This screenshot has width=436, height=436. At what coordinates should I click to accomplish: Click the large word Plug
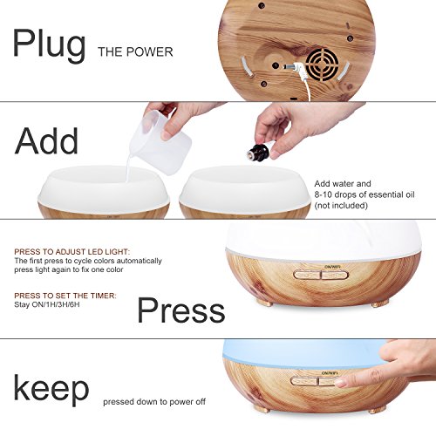(x=49, y=46)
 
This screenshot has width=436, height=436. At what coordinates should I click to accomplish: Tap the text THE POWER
(x=135, y=52)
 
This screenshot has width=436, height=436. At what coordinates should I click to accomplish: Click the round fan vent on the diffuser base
(x=322, y=65)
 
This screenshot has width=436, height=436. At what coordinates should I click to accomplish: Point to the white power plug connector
(x=294, y=67)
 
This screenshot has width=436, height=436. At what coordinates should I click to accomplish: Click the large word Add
(x=46, y=140)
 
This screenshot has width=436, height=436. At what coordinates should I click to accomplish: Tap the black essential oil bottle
(x=257, y=151)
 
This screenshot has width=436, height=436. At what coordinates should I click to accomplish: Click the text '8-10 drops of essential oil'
(x=364, y=194)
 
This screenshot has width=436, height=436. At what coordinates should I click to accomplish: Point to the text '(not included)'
(x=341, y=206)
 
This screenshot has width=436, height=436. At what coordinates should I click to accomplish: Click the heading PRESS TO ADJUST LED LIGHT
(x=72, y=252)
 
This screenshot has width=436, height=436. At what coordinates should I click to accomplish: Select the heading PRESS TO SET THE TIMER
(x=65, y=296)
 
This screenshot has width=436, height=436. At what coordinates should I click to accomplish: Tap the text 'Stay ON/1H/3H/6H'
(x=47, y=305)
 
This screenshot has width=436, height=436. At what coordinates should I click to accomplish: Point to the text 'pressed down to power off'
(x=154, y=402)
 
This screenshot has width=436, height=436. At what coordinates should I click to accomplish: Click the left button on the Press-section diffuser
(x=307, y=275)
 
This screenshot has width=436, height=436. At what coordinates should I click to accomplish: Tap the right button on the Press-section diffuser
(x=334, y=275)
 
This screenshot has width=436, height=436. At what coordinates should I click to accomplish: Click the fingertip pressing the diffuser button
(x=341, y=383)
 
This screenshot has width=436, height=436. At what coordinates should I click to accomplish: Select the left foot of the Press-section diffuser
(x=264, y=303)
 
